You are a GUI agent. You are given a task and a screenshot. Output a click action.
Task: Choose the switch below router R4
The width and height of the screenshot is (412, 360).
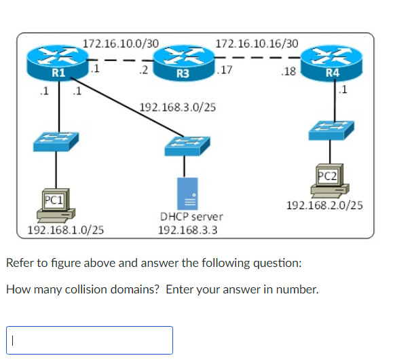(x=331, y=128)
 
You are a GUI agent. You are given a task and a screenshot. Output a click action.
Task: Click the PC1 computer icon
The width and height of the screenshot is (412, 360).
(x=56, y=206)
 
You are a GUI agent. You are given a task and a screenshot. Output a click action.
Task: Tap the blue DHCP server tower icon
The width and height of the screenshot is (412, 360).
(x=188, y=193)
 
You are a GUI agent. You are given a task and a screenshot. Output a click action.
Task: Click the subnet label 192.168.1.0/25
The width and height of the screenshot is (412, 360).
(x=65, y=230)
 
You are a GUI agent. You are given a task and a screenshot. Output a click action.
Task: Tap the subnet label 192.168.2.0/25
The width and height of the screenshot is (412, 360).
(x=324, y=204)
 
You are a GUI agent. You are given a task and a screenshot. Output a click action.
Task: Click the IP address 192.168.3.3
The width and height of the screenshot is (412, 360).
(x=187, y=230)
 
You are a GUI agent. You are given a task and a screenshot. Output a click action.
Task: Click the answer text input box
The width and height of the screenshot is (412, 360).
(x=90, y=340)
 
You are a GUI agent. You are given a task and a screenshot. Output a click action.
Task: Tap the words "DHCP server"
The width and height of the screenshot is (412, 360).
(x=191, y=217)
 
